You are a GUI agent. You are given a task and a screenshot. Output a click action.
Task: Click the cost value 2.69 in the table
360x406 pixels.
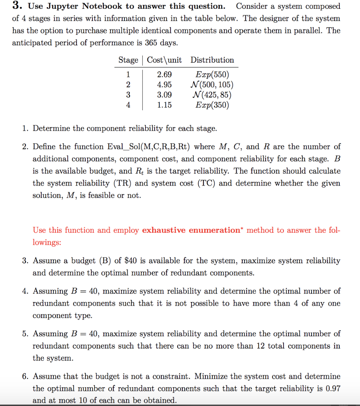165,75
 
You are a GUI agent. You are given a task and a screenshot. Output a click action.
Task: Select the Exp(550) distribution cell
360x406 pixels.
212,75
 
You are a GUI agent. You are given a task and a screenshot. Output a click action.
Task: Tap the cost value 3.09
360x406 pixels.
165,95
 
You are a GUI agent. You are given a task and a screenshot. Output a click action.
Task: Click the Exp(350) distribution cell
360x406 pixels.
212,105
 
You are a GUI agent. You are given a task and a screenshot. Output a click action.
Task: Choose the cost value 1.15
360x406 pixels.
165,105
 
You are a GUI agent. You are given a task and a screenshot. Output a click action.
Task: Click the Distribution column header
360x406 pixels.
212,60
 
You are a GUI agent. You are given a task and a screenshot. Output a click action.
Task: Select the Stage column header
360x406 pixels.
128,60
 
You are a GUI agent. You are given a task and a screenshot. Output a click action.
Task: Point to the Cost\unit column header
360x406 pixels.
164,60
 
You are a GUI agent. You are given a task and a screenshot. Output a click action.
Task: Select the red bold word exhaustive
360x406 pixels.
165,230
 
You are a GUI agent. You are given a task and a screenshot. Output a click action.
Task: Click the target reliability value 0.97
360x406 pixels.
333,389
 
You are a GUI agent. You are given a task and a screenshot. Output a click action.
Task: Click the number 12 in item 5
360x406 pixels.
260,346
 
